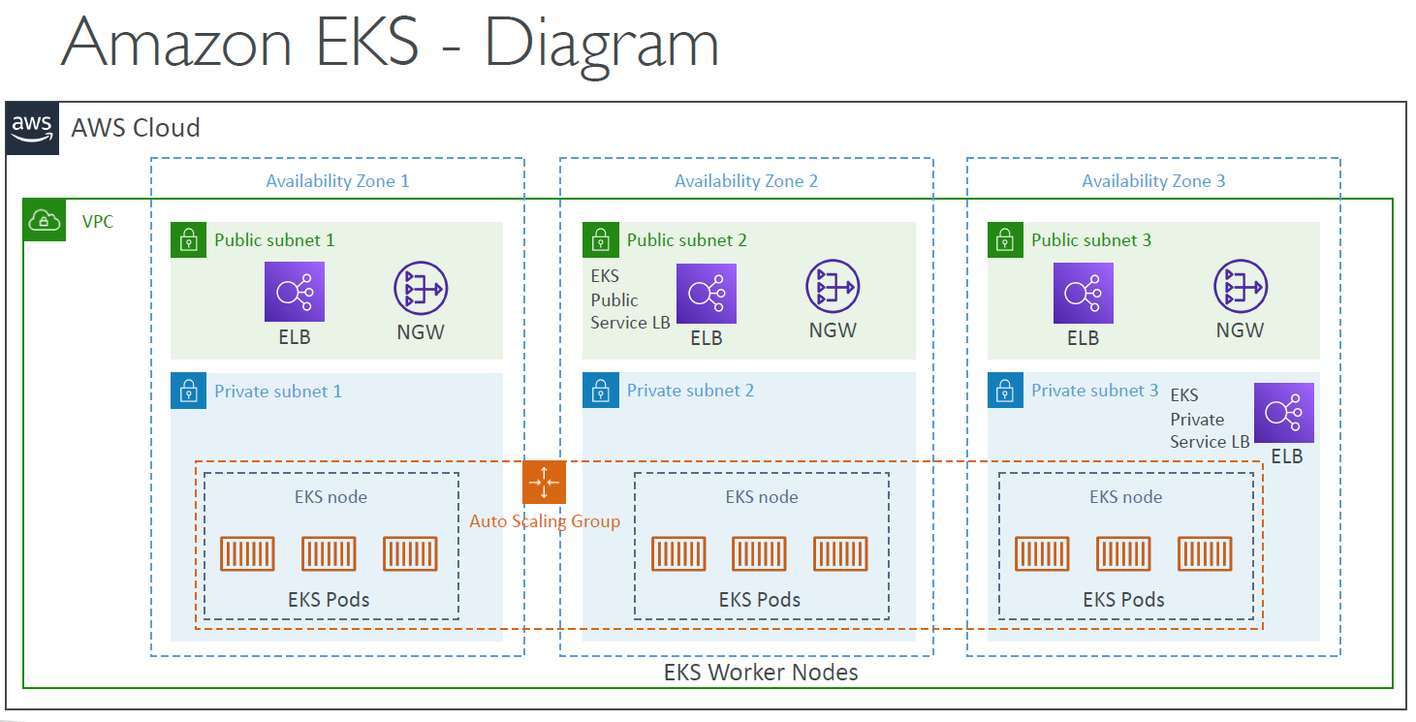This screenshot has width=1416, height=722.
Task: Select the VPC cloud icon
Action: coord(44,220)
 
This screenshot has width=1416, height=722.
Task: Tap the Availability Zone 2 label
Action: coord(746,181)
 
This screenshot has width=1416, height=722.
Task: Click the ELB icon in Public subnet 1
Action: coord(295,292)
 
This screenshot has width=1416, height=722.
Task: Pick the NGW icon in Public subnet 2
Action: coord(833,287)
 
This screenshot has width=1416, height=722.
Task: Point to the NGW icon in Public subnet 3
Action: coord(1241,287)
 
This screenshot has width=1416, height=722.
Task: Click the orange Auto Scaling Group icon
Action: coord(544,482)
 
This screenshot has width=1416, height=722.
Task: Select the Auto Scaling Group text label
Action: coord(545,521)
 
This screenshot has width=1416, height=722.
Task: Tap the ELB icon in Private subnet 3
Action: coord(1284,413)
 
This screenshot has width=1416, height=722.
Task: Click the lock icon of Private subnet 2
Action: coord(600,391)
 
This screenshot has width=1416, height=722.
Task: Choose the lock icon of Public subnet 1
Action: coord(188,239)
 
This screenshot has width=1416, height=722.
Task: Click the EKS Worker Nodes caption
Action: coord(761,672)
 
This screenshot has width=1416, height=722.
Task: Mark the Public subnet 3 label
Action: coord(1091,239)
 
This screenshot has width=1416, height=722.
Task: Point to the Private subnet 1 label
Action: coord(277,392)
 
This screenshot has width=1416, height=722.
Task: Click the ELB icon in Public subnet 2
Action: coord(707,294)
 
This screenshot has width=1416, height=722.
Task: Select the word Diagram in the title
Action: coord(602,45)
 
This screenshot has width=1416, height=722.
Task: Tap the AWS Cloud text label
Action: coord(136,128)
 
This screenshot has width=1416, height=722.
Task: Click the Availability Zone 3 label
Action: coord(1153,181)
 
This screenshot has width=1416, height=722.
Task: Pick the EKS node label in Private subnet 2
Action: coord(762,497)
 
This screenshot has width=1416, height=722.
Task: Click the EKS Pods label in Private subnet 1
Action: coord(330,599)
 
